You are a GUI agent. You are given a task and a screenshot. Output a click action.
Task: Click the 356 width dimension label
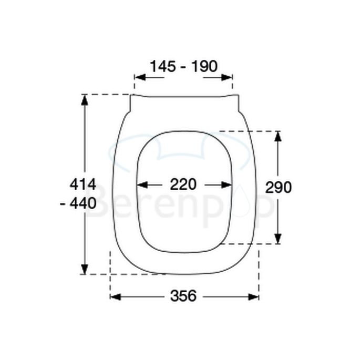183,296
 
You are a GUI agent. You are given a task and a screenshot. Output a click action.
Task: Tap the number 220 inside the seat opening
183,184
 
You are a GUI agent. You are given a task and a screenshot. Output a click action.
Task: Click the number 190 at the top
204,66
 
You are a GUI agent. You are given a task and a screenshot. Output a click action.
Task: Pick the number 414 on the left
83,185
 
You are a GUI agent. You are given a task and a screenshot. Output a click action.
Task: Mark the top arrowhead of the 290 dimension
278,136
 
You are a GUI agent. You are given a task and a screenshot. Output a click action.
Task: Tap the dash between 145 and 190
183,67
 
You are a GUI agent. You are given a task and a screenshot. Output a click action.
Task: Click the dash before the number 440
63,203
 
